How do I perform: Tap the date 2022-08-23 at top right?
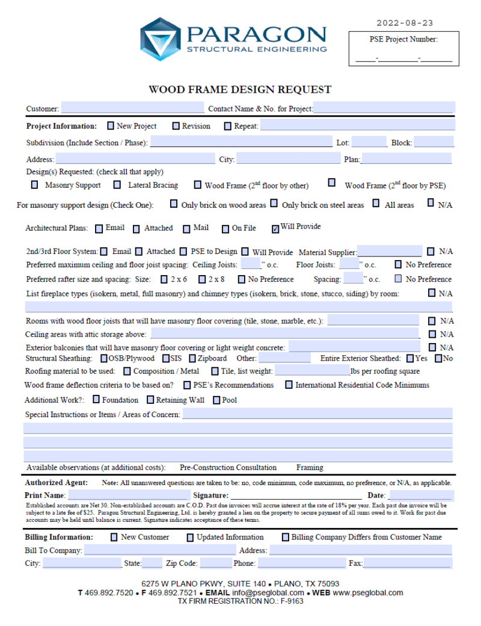point(405,23)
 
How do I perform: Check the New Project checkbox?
point(111,126)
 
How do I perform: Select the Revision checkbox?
point(176,126)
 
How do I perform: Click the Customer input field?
point(132,109)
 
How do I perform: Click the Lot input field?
point(369,143)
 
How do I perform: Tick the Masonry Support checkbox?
point(34,185)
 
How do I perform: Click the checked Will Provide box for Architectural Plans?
point(275,228)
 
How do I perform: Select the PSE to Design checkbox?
point(185,252)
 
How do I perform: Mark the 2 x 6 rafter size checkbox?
point(164,279)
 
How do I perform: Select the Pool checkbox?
point(216,400)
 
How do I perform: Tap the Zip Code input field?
point(216,563)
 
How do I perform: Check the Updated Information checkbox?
point(190,538)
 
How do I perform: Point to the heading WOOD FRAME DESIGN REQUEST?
point(240,90)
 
